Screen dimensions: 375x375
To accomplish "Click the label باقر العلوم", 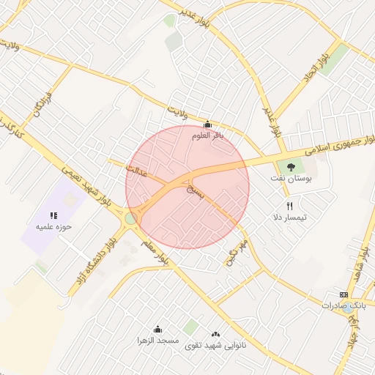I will click(207, 135).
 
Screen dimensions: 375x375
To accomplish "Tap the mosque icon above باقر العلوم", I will click(207, 124).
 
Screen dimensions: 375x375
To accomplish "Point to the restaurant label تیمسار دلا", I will click(289, 218).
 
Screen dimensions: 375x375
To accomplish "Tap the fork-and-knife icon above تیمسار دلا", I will click(289, 206).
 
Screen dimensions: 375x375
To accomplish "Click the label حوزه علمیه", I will click(53, 226).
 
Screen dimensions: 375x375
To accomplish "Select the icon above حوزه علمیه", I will click(53, 215).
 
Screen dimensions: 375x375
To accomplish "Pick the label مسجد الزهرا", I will click(158, 341).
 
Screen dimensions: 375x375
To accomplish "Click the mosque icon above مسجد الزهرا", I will click(157, 329).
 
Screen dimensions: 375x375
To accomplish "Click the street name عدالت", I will click(137, 172).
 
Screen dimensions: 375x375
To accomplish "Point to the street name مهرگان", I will click(237, 250).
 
